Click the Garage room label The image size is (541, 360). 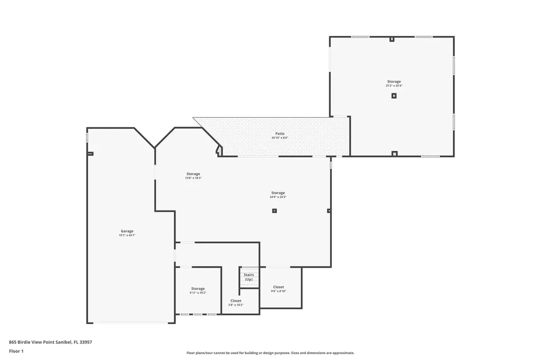pyautogui.click(x=127, y=231)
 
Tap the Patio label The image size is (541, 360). pyautogui.click(x=279, y=134)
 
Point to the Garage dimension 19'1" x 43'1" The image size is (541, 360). pyautogui.click(x=127, y=235)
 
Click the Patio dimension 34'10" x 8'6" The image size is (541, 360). pyautogui.click(x=279, y=138)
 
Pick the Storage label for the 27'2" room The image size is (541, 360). pyautogui.click(x=394, y=81)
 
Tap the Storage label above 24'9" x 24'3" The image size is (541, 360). pyautogui.click(x=278, y=193)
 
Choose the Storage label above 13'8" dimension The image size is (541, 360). pyautogui.click(x=193, y=174)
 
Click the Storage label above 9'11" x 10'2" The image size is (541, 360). pyautogui.click(x=198, y=288)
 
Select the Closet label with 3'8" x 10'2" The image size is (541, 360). pyautogui.click(x=236, y=300)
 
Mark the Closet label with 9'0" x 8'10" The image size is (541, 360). pyautogui.click(x=278, y=287)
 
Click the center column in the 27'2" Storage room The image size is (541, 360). pyautogui.click(x=394, y=96)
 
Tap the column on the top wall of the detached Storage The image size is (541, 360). pyautogui.click(x=391, y=39)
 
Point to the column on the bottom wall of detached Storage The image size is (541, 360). pyautogui.click(x=394, y=154)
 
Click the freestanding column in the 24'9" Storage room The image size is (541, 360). pyautogui.click(x=274, y=211)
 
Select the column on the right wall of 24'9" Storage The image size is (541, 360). pyautogui.click(x=329, y=211)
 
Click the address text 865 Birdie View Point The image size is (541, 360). pyautogui.click(x=50, y=342)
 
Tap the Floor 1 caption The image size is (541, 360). pyautogui.click(x=16, y=350)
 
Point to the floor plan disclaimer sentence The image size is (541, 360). pyautogui.click(x=270, y=353)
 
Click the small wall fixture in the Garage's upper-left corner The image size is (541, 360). pyautogui.click(x=90, y=154)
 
